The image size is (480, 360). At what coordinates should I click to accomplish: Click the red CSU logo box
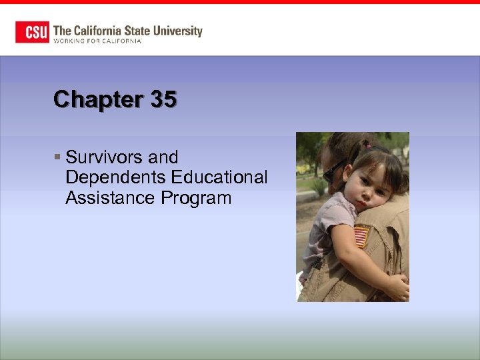point(32,32)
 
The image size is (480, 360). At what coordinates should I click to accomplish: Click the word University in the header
point(177,31)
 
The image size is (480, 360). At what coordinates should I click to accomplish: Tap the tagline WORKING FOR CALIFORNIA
point(97,41)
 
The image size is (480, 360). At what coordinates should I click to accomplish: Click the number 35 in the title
point(164,100)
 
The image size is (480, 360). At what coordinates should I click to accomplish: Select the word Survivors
point(105,157)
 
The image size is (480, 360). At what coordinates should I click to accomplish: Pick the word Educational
point(219,178)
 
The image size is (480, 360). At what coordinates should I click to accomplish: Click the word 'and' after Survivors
point(163,157)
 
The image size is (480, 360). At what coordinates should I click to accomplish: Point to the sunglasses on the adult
point(333,171)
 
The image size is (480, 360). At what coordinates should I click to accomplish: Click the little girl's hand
point(397,287)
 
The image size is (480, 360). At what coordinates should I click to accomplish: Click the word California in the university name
point(97,31)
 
